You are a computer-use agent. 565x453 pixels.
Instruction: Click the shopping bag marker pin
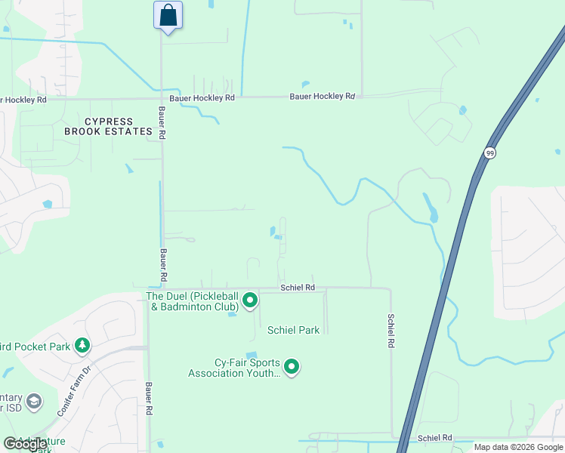click(x=168, y=16)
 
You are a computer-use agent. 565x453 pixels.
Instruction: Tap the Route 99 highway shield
click(x=490, y=153)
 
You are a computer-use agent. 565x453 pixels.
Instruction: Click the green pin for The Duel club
click(x=250, y=302)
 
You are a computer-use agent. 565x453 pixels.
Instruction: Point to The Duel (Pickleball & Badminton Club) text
click(x=193, y=301)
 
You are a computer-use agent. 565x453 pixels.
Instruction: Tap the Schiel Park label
click(x=293, y=330)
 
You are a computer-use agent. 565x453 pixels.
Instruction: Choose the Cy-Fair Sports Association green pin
click(x=291, y=368)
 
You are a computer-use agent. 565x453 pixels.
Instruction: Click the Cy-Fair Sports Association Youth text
click(x=235, y=367)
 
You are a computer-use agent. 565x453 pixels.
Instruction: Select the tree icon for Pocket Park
click(x=82, y=347)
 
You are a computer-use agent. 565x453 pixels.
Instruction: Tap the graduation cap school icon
click(x=34, y=401)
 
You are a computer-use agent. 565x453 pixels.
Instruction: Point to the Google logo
click(x=25, y=444)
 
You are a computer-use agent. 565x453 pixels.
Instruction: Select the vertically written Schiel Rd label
click(x=391, y=331)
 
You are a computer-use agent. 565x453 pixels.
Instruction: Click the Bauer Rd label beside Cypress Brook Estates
click(x=162, y=121)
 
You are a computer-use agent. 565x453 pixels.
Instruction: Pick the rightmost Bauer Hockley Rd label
click(x=322, y=97)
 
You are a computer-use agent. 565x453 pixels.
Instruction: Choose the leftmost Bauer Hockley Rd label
click(x=23, y=100)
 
